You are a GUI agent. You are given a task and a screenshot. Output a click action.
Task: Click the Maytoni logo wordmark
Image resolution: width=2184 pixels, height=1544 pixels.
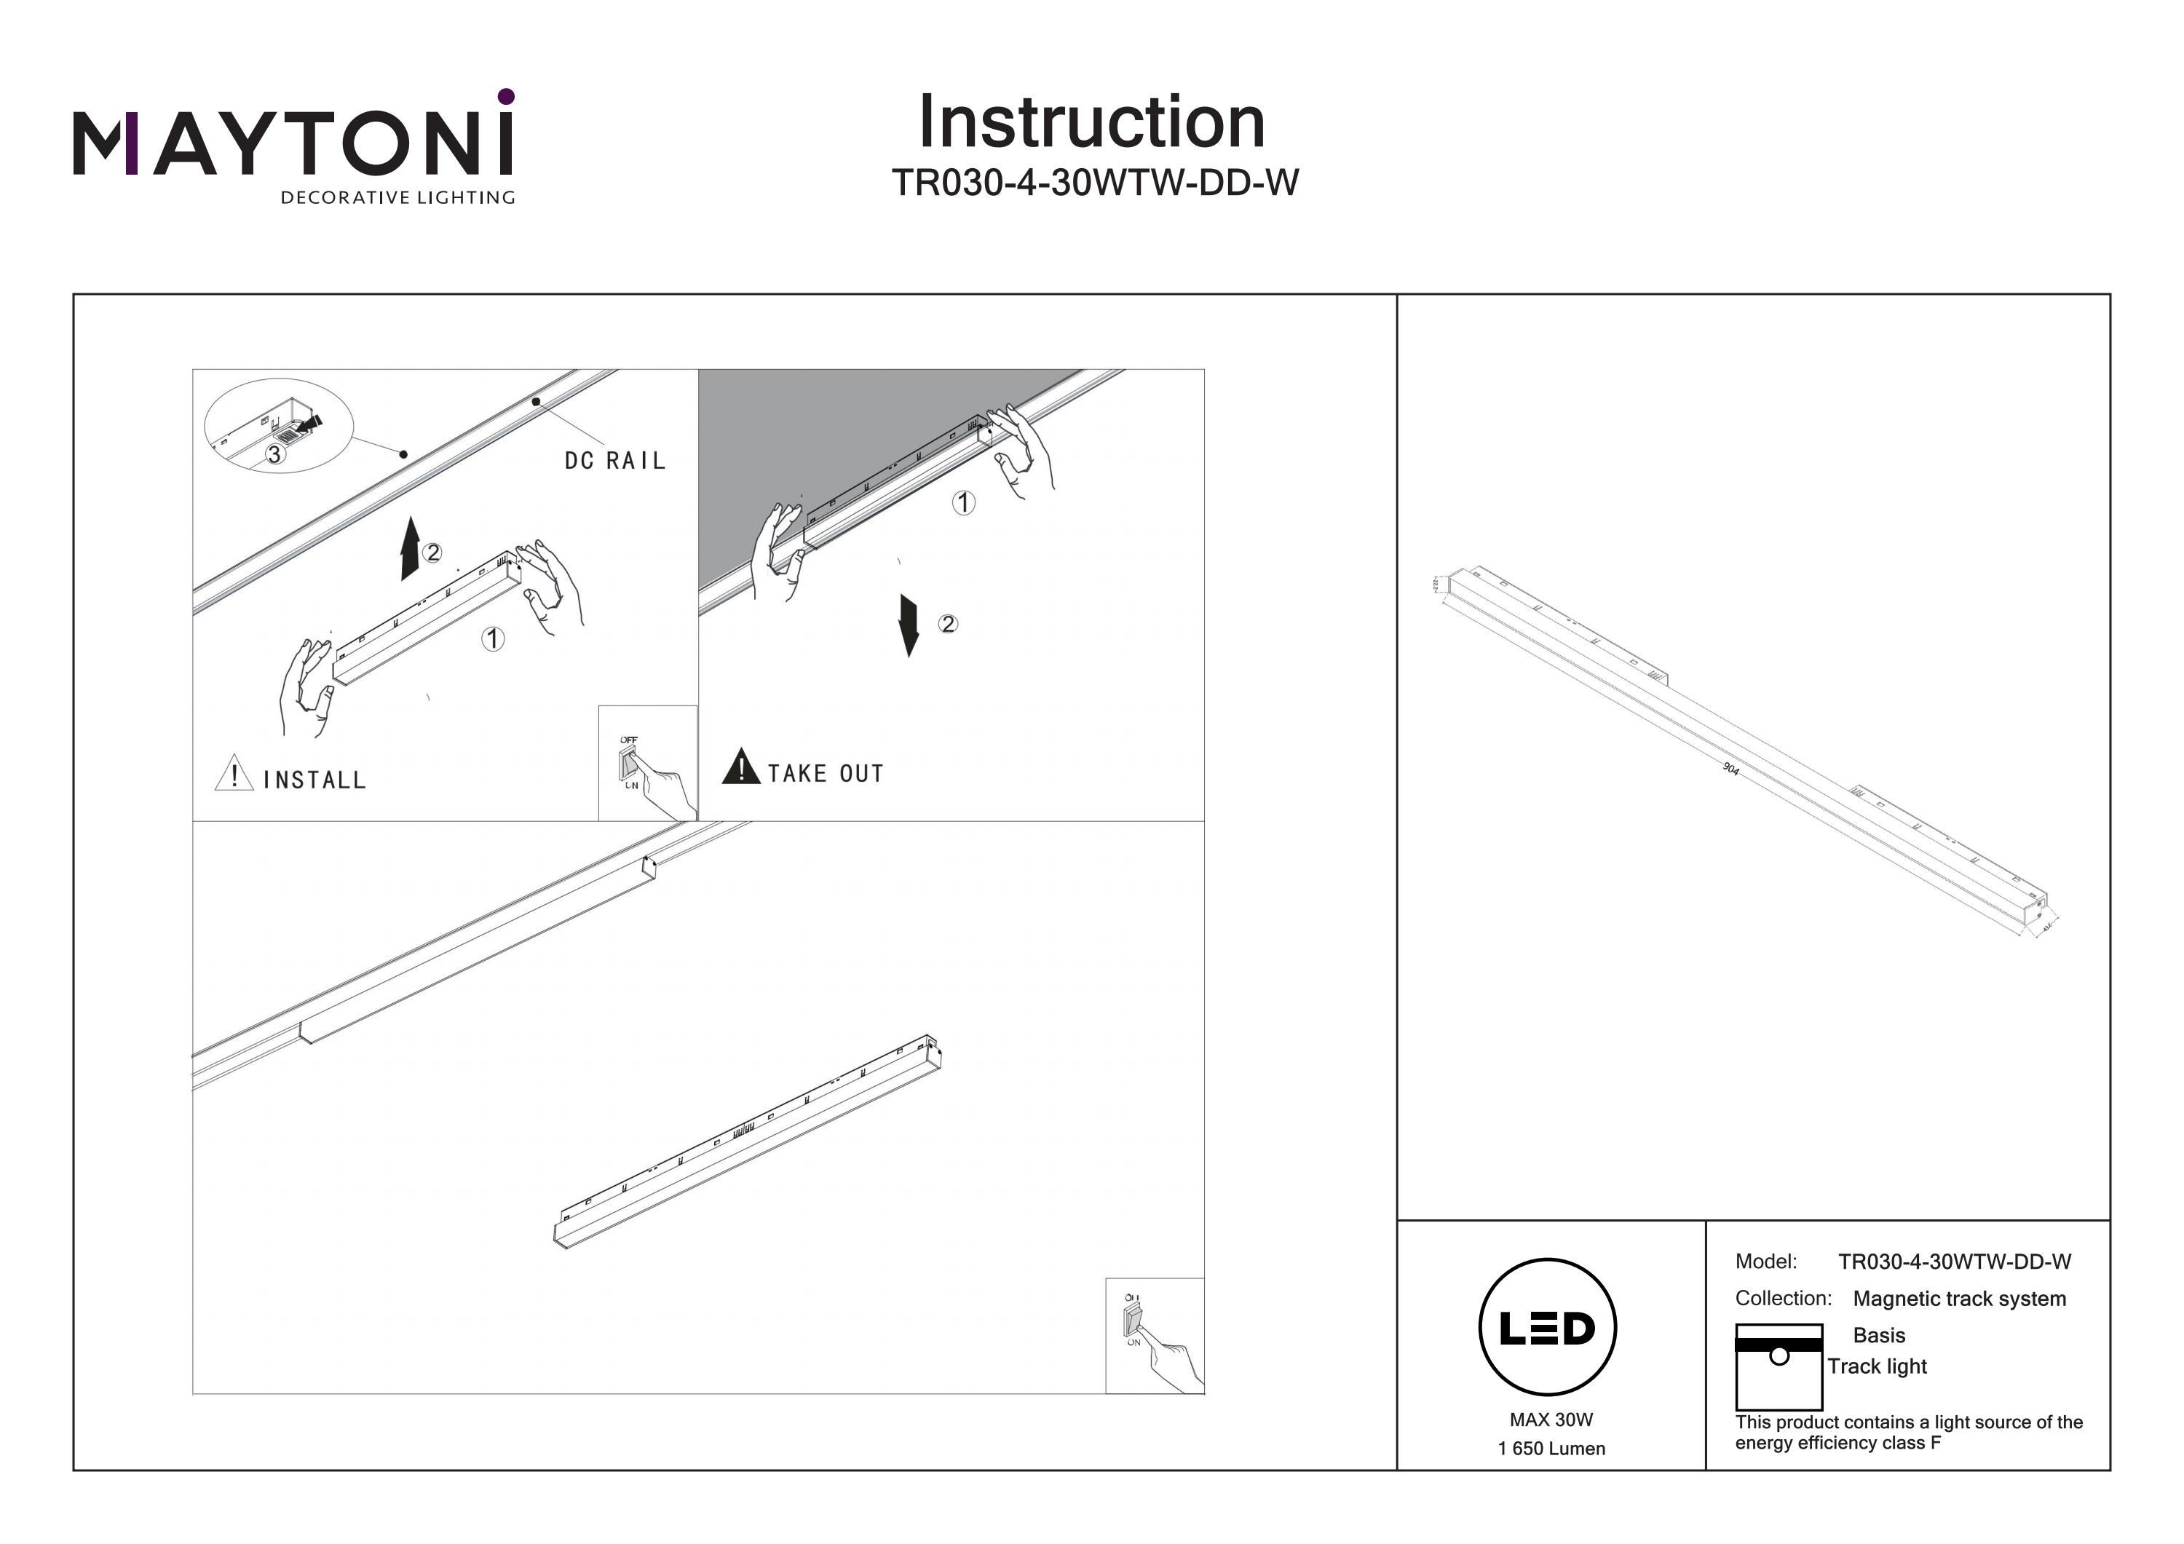293,143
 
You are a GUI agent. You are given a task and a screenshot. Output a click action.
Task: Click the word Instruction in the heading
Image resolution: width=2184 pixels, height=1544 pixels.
1091,123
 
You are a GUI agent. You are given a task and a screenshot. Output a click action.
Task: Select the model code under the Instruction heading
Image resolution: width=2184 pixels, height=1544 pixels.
1094,183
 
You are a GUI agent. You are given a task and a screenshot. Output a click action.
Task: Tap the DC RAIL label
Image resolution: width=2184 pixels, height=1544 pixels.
614,462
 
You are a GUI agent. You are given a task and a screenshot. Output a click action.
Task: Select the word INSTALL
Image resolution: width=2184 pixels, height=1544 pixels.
314,781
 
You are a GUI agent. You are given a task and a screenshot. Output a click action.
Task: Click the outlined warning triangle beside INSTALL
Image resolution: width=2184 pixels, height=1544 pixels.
233,773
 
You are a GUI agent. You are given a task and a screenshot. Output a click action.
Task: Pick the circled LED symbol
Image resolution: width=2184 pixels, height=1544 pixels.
1548,1328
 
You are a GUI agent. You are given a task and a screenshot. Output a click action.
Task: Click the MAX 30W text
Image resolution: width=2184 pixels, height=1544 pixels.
1551,1420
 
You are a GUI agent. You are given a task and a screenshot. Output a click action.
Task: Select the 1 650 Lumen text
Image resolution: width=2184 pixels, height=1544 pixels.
1551,1449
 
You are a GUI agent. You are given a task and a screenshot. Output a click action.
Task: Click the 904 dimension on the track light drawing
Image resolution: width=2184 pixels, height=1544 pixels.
1730,769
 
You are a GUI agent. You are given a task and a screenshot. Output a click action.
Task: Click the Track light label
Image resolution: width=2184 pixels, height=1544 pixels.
1876,1366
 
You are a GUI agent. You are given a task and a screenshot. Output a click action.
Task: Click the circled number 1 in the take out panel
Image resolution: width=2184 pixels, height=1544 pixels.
964,502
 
